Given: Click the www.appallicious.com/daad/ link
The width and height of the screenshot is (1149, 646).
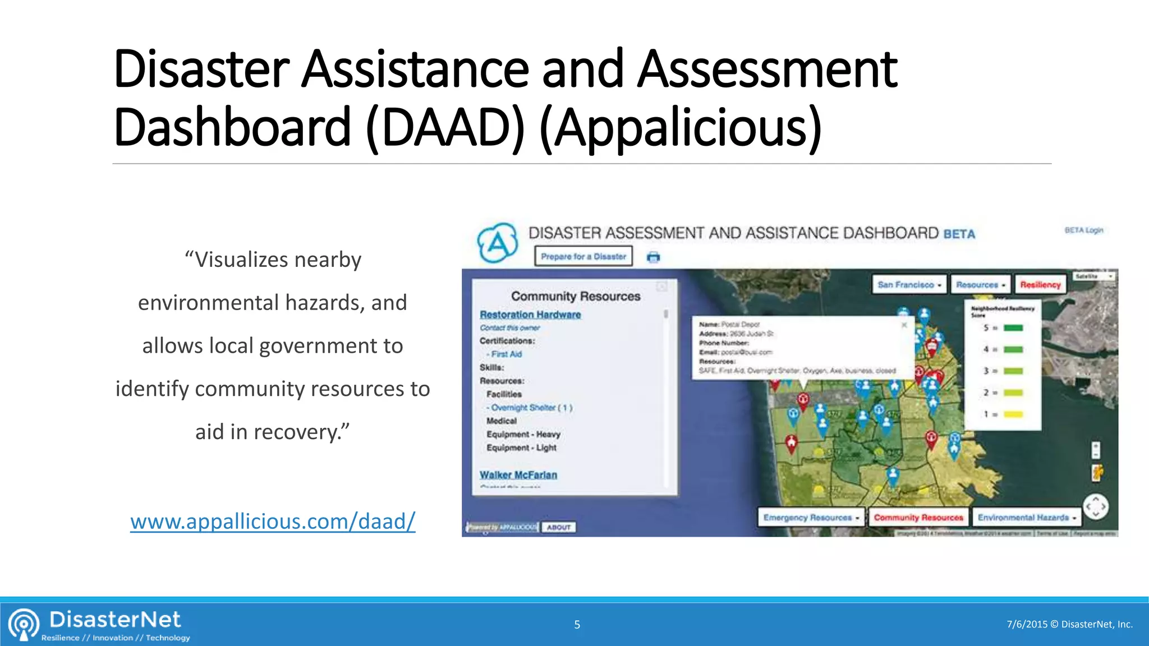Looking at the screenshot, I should [x=273, y=522].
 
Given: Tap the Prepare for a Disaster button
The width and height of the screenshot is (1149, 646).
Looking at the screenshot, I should [x=583, y=256].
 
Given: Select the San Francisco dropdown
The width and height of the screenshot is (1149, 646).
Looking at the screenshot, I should [x=909, y=285].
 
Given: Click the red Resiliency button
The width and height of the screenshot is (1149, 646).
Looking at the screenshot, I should [x=1040, y=285].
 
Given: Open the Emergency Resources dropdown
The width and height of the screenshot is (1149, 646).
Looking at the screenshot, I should [x=811, y=518].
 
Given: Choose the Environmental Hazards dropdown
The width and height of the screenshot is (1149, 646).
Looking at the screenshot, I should [x=1027, y=518].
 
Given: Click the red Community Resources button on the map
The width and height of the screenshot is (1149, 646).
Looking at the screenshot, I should [x=918, y=518].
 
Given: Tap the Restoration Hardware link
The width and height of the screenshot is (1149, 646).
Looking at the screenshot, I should [x=530, y=315].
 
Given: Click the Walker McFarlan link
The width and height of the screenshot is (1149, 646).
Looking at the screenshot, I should [x=518, y=475].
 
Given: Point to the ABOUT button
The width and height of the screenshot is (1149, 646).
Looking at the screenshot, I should [x=559, y=527].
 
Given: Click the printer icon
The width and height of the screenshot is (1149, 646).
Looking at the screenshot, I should [x=654, y=257].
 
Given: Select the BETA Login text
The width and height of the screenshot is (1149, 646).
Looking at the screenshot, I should [x=1084, y=230].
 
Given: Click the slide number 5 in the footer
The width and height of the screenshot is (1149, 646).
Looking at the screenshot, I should [x=577, y=625].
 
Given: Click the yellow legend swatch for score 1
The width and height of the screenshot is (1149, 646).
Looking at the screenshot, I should [x=1013, y=414].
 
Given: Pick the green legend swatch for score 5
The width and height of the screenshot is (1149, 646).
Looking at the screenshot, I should [x=1013, y=328].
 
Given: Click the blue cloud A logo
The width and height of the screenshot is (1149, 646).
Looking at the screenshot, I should [x=497, y=243].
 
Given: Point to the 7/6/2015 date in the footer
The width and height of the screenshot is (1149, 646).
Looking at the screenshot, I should [x=1027, y=624].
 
